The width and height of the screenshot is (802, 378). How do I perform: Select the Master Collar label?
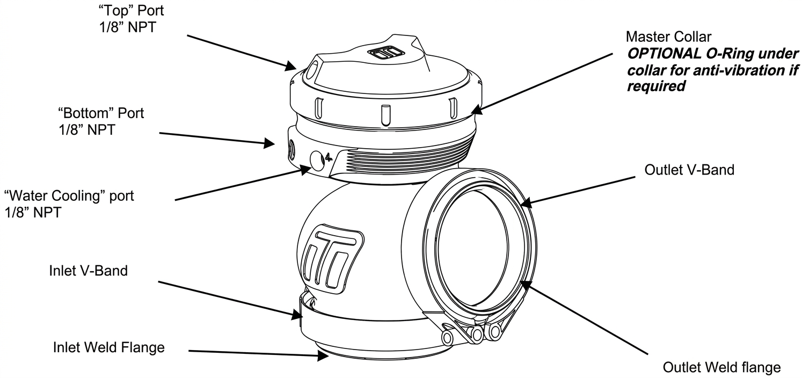click(668, 37)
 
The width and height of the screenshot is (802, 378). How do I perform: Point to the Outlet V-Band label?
click(689, 170)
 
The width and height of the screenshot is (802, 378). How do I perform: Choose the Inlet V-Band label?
click(89, 271)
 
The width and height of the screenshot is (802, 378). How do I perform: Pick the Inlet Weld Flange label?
click(109, 347)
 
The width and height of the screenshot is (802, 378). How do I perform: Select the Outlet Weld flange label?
click(722, 367)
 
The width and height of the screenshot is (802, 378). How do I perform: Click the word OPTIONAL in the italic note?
click(665, 54)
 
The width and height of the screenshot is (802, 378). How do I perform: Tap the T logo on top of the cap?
click(386, 54)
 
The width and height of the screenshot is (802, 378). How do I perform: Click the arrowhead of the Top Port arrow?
click(291, 66)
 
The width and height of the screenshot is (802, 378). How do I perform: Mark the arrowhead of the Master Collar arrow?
click(477, 109)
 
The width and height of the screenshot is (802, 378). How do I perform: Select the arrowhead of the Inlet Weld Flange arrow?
click(323, 356)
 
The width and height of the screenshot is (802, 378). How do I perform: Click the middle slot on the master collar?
click(385, 115)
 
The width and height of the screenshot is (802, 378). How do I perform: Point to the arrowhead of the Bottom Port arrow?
click(269, 143)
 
